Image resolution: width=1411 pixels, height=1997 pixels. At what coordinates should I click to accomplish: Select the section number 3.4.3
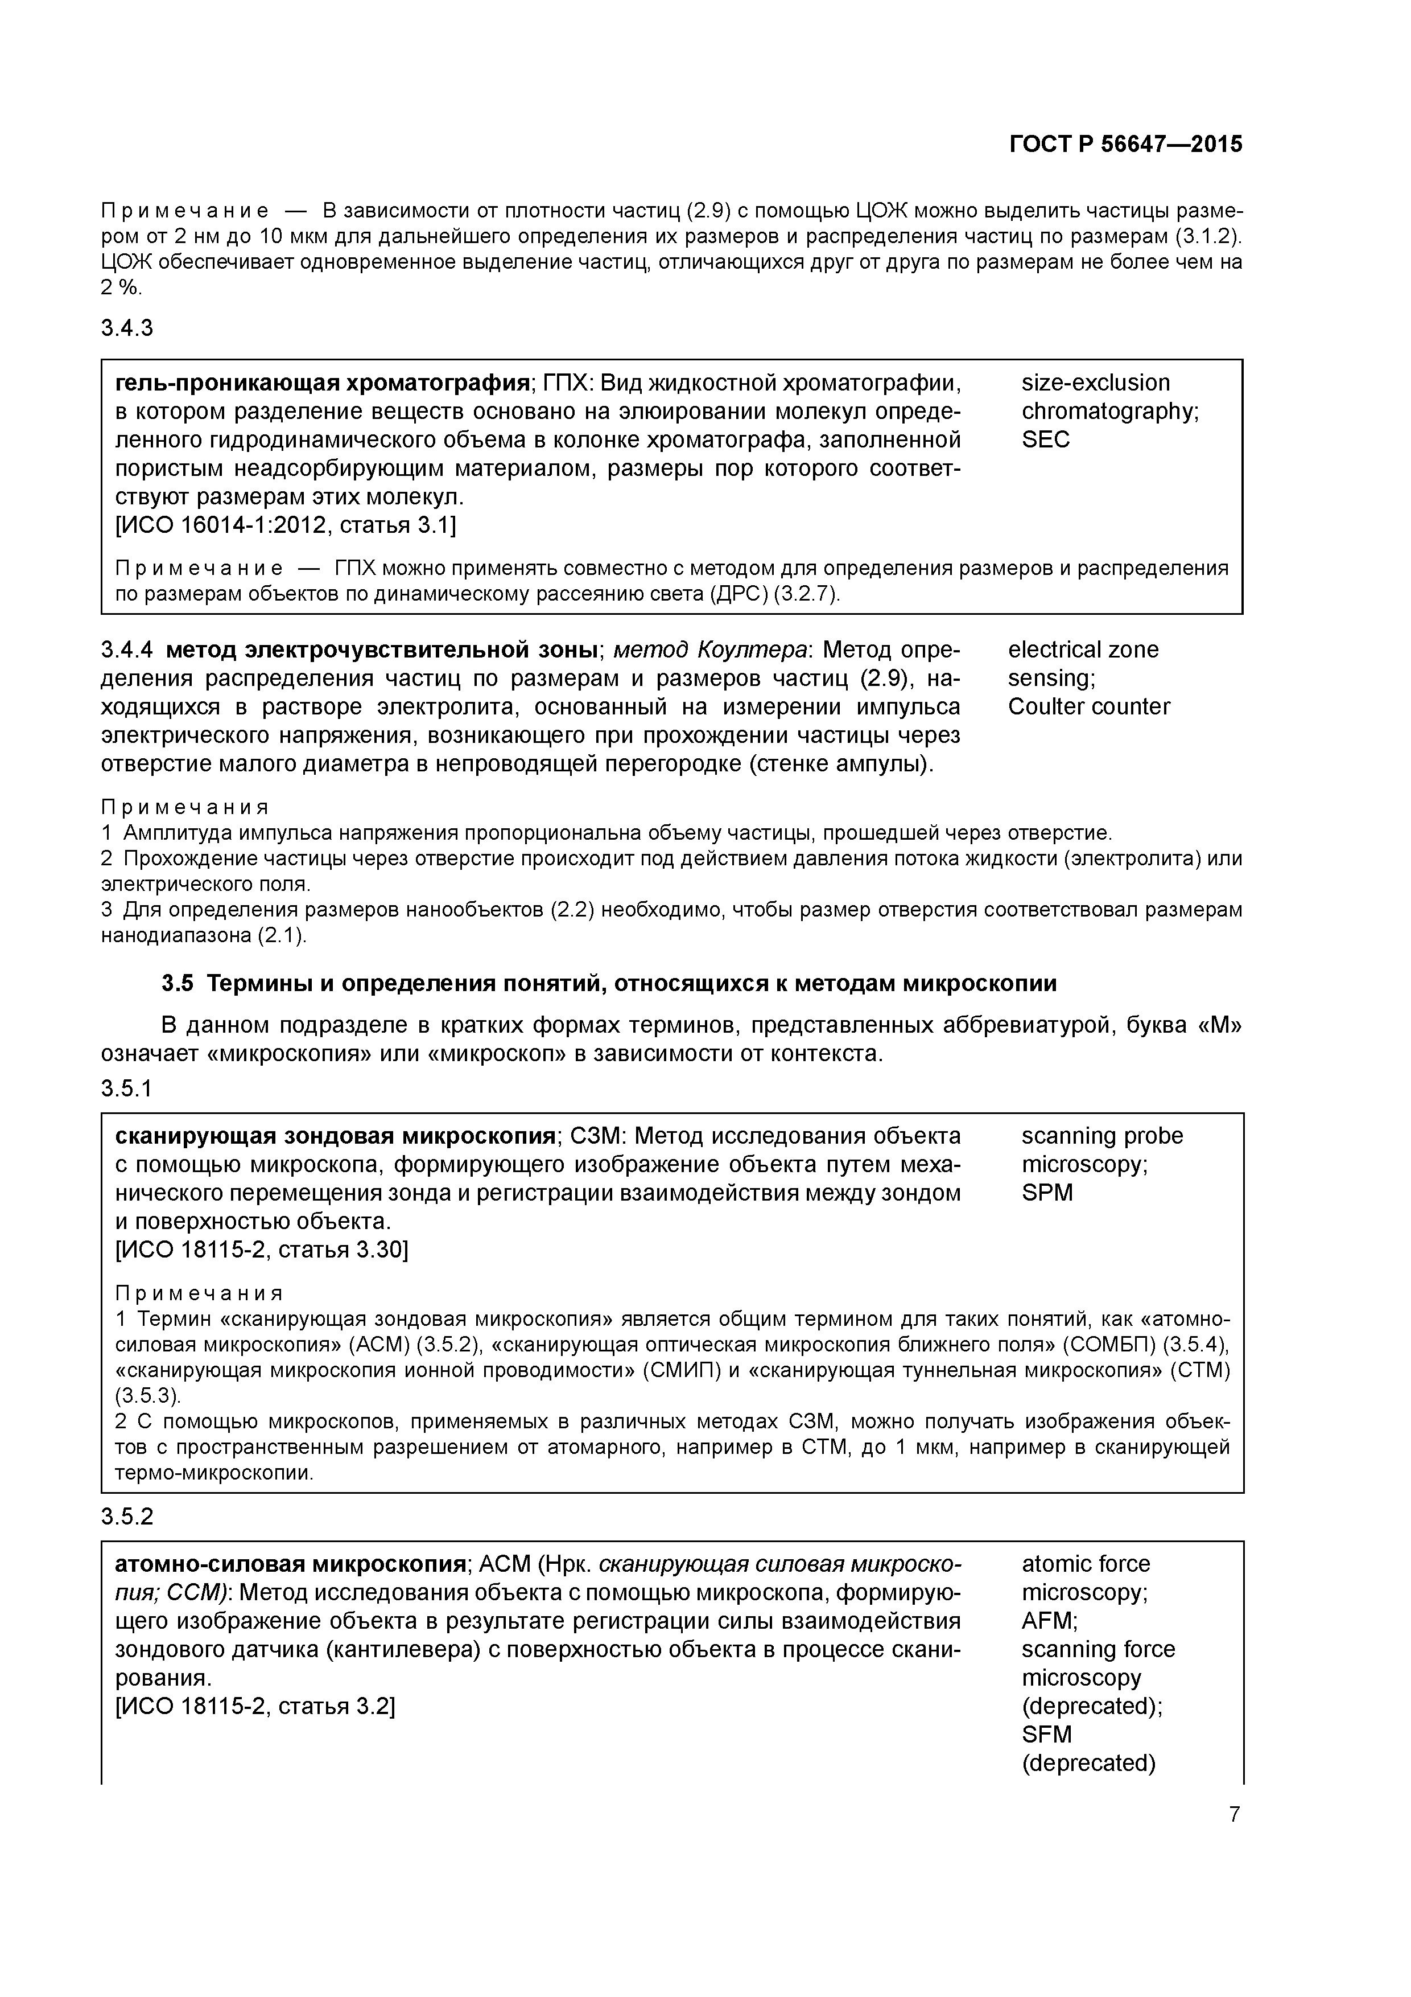tap(127, 328)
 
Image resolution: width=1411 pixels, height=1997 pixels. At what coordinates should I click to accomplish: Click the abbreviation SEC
tap(1045, 439)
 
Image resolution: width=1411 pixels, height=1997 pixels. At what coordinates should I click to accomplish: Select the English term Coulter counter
tap(1088, 706)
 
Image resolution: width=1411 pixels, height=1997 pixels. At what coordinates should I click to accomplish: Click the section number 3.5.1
tap(127, 1088)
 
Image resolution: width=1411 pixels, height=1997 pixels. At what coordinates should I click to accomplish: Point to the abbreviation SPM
tap(1047, 1193)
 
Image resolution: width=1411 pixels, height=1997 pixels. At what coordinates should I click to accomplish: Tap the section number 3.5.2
tap(127, 1516)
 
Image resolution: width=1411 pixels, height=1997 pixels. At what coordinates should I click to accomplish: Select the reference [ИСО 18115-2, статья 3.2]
tap(255, 1707)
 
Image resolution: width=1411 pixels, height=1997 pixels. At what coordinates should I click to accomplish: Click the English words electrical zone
tap(1082, 650)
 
